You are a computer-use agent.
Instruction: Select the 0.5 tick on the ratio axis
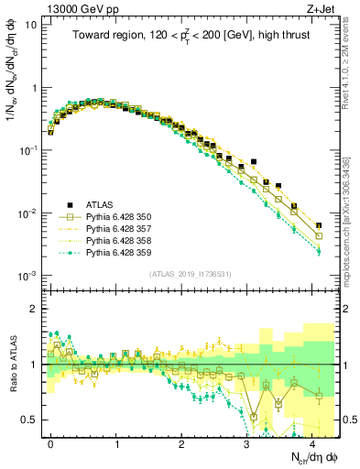pyautogui.click(x=31, y=420)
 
